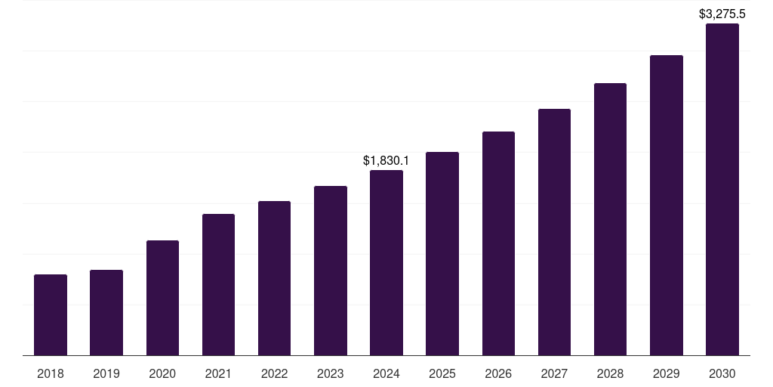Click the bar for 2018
point(51,314)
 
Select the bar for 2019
point(106,312)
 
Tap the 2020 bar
point(162,298)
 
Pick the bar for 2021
point(218,284)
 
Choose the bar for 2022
point(274,278)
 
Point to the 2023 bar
point(331,271)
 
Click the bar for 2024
point(386,262)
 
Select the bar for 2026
point(498,243)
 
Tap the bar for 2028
point(610,219)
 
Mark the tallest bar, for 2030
point(722,189)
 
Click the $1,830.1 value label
point(386,160)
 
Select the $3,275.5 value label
point(722,14)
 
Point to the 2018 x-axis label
point(51,373)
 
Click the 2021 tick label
point(218,373)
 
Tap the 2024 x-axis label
point(386,373)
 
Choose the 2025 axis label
point(442,373)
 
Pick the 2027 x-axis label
point(554,373)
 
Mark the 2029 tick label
point(667,373)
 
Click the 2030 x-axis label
point(722,373)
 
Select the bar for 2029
point(667,205)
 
